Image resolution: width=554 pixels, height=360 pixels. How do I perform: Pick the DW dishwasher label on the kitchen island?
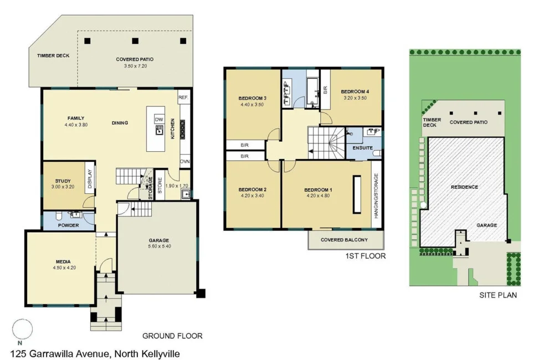(159, 120)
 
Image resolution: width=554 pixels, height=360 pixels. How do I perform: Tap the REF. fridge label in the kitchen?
(183, 97)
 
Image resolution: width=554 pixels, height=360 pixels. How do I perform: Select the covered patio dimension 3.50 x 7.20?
(135, 66)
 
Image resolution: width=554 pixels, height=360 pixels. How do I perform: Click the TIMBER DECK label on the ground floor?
(53, 56)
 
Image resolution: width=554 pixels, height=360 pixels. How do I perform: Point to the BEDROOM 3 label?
(253, 98)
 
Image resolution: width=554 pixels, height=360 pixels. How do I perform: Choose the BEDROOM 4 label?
(355, 91)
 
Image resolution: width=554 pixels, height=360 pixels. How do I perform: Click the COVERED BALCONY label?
(345, 240)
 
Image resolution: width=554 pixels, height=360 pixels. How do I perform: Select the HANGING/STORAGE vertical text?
(376, 195)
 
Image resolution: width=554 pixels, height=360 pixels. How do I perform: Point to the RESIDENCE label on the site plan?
(464, 187)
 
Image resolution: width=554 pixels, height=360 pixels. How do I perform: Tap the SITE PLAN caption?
(497, 295)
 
